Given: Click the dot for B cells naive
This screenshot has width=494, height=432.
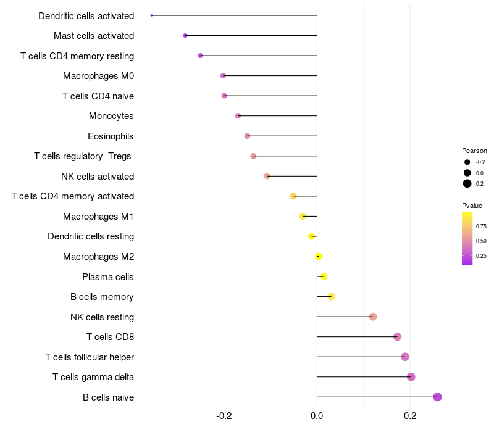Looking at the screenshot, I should point(437,397).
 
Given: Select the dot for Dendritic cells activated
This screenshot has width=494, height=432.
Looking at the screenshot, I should point(151,15).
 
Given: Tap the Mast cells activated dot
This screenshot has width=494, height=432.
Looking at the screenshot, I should point(185,36).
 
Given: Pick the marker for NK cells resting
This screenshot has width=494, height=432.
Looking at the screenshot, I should point(373,317).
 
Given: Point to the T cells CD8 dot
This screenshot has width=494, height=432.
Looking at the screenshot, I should point(397,337).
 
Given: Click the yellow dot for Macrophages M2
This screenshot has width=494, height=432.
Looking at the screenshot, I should point(319,257).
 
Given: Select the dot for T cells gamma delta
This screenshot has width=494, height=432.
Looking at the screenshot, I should point(411,377).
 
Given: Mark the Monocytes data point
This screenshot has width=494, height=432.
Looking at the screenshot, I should point(238,116).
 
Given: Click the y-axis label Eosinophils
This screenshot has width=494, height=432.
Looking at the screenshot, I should point(111,136).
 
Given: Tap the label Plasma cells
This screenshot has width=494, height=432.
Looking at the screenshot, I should point(108,277).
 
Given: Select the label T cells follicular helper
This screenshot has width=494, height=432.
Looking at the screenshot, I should point(90,357).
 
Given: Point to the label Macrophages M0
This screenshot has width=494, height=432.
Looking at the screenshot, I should point(98,76).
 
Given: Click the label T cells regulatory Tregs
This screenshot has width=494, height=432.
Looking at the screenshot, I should point(83,156).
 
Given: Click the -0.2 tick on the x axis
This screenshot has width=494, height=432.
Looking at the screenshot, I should point(224,416).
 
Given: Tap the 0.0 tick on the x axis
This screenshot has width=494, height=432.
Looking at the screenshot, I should point(317,416).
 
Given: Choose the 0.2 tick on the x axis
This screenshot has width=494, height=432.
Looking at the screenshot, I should point(409,416).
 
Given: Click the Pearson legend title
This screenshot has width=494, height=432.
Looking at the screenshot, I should point(474,151).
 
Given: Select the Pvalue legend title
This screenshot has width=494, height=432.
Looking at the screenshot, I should point(472,206).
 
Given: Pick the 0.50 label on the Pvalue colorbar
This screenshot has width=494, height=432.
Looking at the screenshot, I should point(481,241).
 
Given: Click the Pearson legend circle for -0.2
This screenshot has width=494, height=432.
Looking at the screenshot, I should point(467,162).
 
